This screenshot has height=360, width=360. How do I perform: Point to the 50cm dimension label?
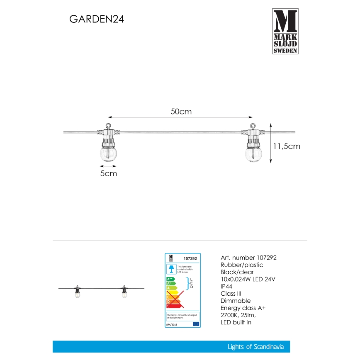(181, 112)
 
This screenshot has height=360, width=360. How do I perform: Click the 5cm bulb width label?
(109, 173)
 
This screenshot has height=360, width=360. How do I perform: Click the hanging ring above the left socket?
(108, 126)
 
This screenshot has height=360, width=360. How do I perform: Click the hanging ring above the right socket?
(253, 126)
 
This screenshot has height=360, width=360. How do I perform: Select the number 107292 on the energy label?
(189, 258)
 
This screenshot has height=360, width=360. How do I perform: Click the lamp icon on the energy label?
(170, 268)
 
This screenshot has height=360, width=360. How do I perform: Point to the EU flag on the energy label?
(196, 324)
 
